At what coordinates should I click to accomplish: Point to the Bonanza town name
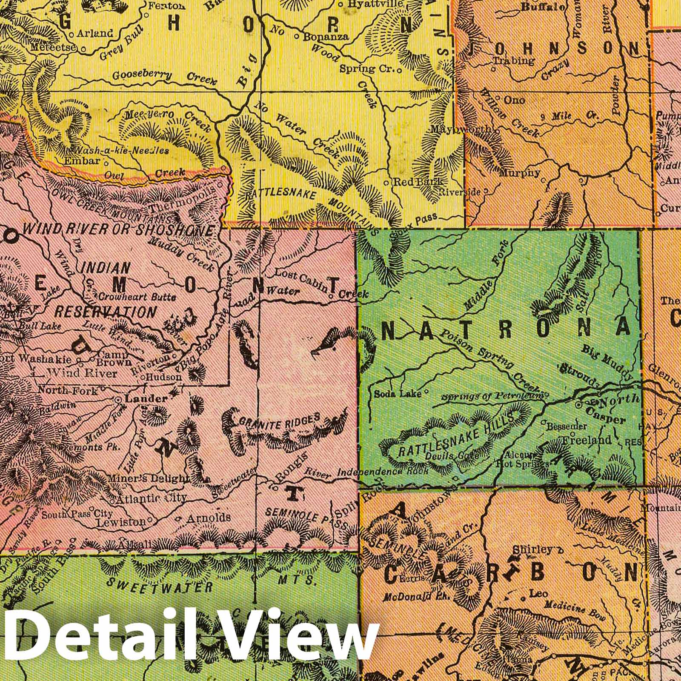point(326,37)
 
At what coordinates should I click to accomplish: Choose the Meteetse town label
point(53,48)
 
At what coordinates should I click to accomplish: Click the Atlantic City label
point(152,498)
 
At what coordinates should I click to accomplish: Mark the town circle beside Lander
point(118,400)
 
